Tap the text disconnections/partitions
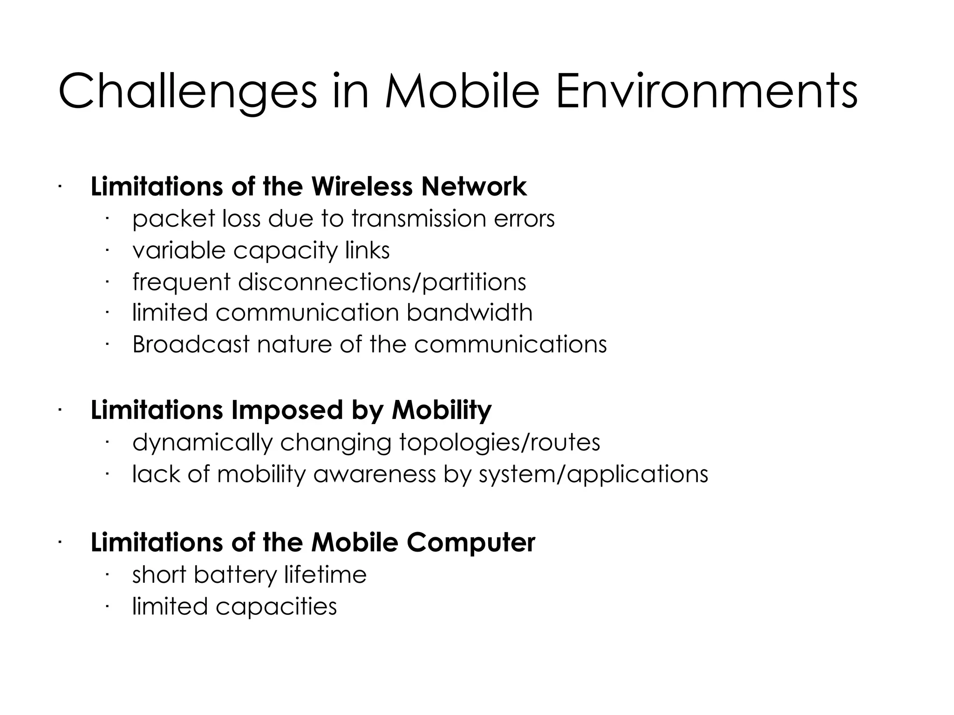(x=382, y=283)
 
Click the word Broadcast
(x=191, y=344)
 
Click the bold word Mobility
(x=442, y=410)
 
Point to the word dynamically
(x=202, y=443)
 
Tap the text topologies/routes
(x=500, y=443)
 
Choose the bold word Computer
(x=470, y=543)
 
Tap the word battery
(x=235, y=575)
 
